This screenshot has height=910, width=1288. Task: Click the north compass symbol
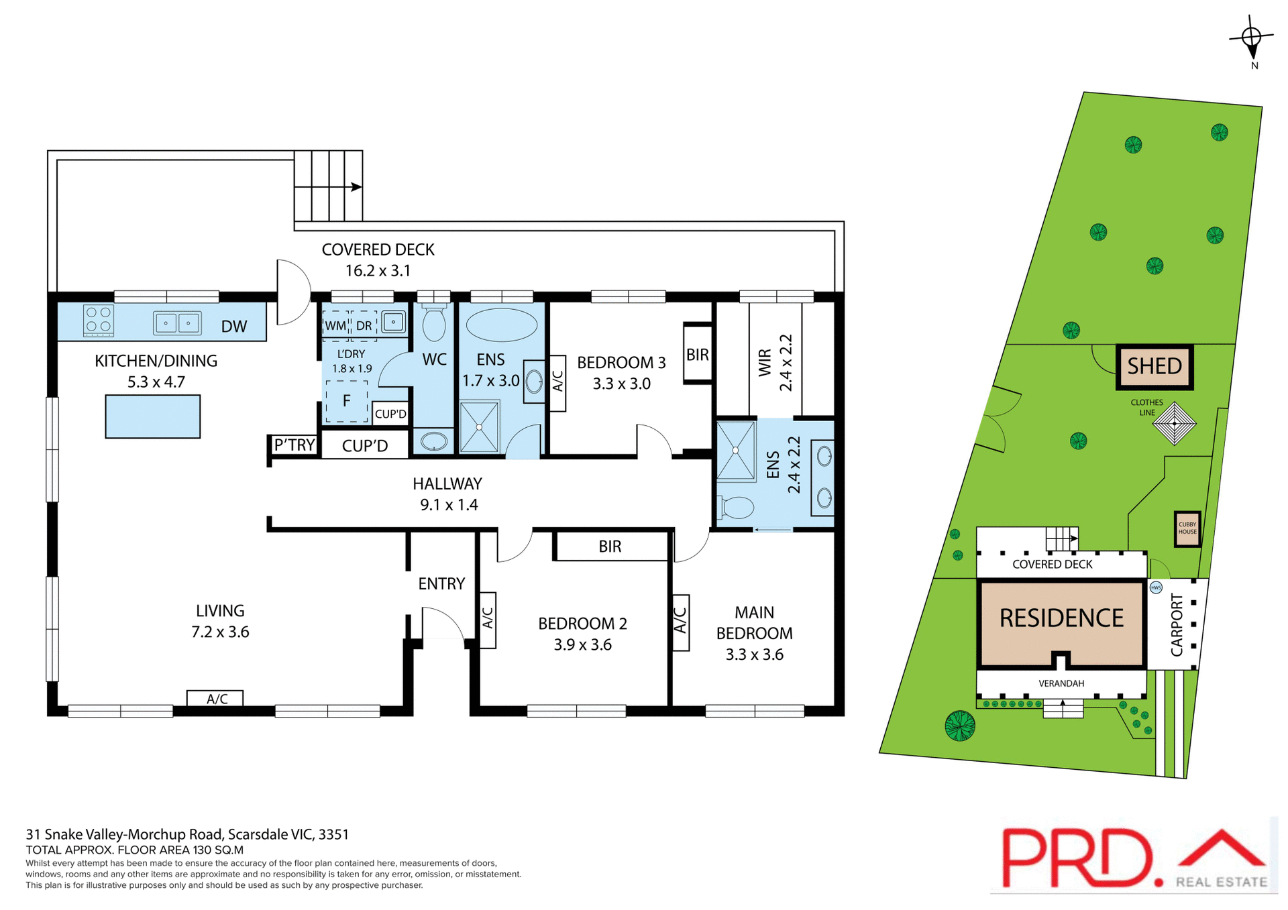(1252, 38)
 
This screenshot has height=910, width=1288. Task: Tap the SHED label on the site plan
(1154, 366)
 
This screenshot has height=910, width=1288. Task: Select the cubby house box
(1187, 528)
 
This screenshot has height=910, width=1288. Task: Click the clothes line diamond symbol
(1174, 423)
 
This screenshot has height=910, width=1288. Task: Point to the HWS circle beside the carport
(1155, 587)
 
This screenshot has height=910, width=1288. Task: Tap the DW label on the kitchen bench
(234, 327)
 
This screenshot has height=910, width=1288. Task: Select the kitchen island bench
(152, 416)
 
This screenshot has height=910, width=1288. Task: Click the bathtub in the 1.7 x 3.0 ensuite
(501, 325)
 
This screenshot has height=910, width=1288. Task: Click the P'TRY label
(294, 445)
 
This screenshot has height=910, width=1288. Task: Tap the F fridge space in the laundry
(346, 401)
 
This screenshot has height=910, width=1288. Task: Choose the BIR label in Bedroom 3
(697, 355)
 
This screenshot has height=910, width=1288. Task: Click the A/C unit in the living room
(215, 699)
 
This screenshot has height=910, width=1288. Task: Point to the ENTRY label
(441, 583)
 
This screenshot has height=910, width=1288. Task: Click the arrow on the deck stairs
(356, 186)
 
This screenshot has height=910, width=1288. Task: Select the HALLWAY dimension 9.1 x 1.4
(449, 505)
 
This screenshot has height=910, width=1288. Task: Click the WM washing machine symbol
(335, 325)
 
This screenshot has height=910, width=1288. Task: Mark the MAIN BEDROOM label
(754, 622)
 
